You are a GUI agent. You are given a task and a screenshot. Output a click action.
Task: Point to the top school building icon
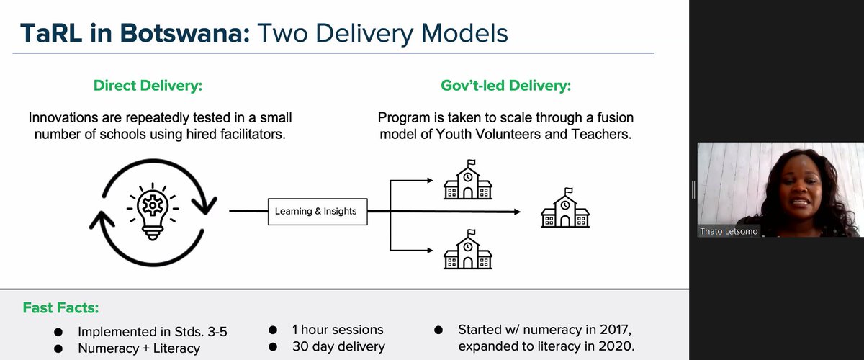(468, 180)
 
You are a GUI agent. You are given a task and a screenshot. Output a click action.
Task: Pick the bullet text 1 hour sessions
(337, 330)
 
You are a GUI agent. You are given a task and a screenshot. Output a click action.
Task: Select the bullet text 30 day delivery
(338, 347)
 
